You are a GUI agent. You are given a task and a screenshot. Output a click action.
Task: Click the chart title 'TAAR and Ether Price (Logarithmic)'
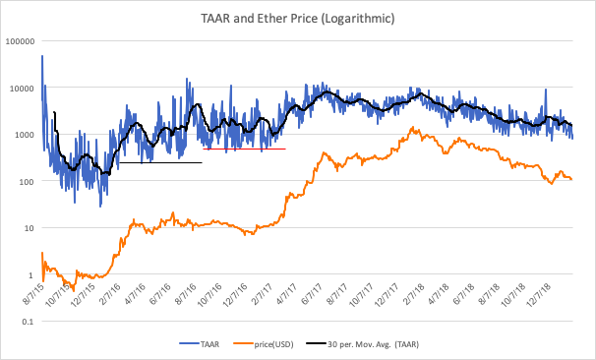pos(297,17)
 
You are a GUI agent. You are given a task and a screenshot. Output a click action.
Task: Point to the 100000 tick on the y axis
pos(19,41)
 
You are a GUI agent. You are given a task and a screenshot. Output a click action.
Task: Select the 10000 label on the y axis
pos(21,88)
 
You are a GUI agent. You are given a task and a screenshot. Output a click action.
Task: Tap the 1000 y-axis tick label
pos(24,135)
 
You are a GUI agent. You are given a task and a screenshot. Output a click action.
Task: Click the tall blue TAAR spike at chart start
pos(42,61)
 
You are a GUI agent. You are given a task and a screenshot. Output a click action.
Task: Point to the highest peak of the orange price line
pos(414,129)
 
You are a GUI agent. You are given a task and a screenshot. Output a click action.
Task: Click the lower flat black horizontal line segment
pos(161,162)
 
